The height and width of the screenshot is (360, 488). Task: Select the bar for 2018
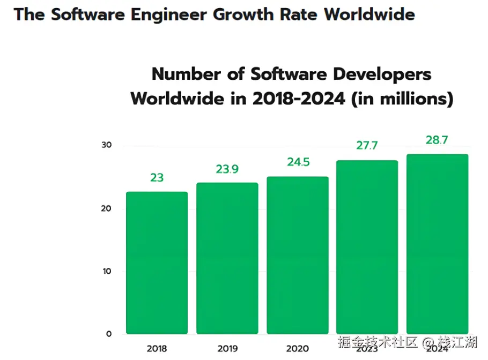coord(157,262)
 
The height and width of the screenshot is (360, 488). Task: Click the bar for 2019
coord(227,258)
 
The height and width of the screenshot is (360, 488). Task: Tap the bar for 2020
coord(297,255)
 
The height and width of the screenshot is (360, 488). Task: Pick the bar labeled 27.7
coord(367,247)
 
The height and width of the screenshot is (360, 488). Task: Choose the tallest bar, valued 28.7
coord(437,244)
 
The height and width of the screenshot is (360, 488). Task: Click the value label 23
coord(157,177)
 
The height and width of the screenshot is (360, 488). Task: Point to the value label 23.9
coord(227,169)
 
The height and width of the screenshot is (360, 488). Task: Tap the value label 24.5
coord(298,162)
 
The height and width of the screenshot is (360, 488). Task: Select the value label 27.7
coord(367,146)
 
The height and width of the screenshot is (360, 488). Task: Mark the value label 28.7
coord(437,140)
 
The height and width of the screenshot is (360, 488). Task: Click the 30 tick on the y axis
coord(106,146)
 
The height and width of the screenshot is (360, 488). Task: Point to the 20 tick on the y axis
coord(106,208)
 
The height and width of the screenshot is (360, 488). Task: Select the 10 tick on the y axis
coord(106,271)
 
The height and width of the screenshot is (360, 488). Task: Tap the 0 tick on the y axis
coord(108,334)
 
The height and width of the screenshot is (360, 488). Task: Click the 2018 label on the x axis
coord(157,349)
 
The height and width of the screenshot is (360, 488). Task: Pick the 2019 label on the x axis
coord(227,349)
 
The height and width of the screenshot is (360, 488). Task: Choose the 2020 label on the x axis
coord(297,349)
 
